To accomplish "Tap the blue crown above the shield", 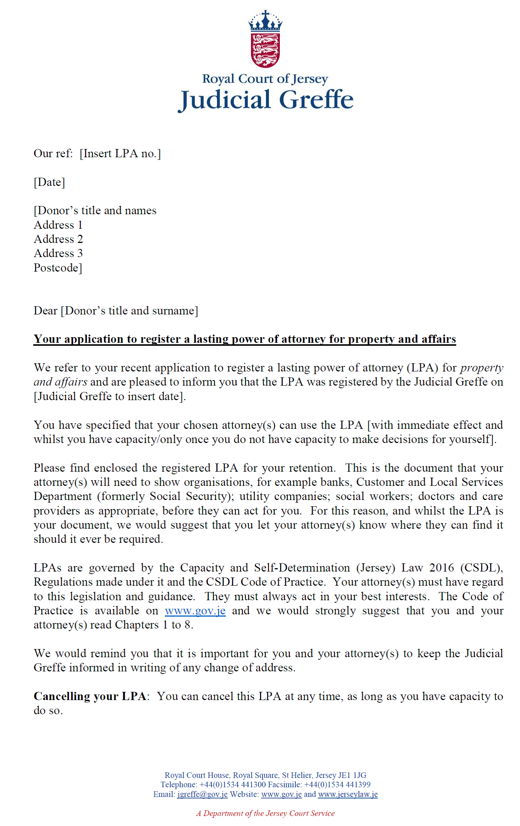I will tap(265, 22).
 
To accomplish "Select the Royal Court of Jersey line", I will tap(265, 79).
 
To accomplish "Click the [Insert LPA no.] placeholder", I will tap(120, 154).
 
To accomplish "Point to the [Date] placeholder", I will tap(49, 182).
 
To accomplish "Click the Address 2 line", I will tap(58, 239).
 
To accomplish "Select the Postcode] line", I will tap(58, 268).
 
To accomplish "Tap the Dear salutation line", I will tap(116, 311).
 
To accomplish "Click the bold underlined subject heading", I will tap(245, 339).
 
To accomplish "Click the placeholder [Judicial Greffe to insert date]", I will tap(110, 396).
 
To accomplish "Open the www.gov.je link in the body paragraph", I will tap(195, 611).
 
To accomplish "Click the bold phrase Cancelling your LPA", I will tap(90, 696).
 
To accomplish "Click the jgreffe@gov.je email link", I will tap(202, 794).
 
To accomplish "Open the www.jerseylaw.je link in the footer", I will tap(348, 794).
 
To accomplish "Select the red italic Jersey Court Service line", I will tap(265, 813).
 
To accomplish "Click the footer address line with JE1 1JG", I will tap(265, 775).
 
